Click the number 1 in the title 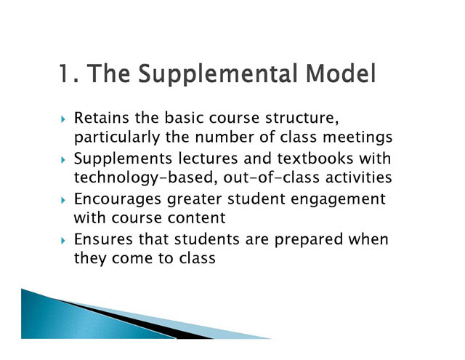(65, 73)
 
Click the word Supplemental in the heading (217, 74)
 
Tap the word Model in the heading (341, 73)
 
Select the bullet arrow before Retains (63, 119)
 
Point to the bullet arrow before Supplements (63, 160)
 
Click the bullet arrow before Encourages (63, 200)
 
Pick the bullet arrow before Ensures (63, 241)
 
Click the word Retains (102, 118)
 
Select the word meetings (357, 137)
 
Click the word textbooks (315, 159)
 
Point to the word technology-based (144, 178)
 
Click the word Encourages (118, 199)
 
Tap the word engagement (338, 199)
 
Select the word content (197, 218)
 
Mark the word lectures (208, 159)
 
